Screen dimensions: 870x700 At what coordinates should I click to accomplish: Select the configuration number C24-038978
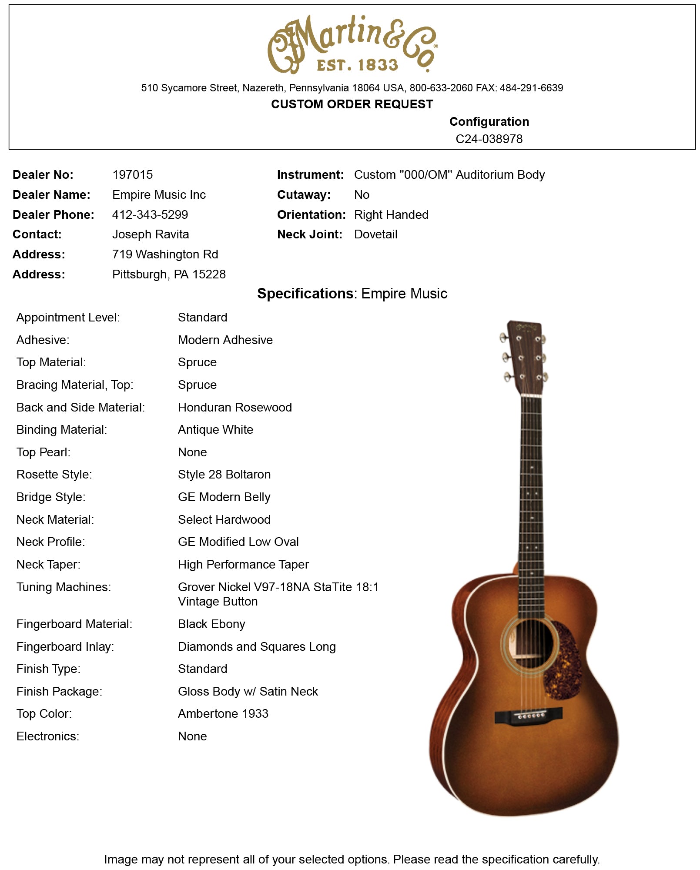click(489, 139)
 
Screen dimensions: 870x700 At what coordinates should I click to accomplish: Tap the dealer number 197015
click(133, 175)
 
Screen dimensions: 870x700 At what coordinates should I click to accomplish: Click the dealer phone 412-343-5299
click(150, 214)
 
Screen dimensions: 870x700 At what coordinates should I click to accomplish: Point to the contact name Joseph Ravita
click(151, 234)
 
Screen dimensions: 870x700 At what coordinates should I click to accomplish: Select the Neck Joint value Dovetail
click(375, 234)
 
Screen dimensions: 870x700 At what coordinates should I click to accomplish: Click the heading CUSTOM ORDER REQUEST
click(352, 104)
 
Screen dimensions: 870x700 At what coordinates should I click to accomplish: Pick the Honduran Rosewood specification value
click(234, 408)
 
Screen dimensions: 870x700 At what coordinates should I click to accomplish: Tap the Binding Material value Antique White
click(215, 430)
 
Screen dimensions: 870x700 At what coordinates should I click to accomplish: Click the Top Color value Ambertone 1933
click(223, 714)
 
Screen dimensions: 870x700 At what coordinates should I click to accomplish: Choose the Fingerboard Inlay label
click(65, 647)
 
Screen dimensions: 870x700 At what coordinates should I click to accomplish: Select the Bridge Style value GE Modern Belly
click(224, 497)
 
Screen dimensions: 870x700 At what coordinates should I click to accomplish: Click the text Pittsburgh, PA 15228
click(169, 274)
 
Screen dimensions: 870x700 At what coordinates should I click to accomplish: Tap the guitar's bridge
click(528, 715)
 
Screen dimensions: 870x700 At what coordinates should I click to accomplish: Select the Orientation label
click(311, 215)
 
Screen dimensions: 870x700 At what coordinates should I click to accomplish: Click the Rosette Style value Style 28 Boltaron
click(224, 475)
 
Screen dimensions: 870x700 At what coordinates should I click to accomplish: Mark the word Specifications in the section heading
click(305, 294)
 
